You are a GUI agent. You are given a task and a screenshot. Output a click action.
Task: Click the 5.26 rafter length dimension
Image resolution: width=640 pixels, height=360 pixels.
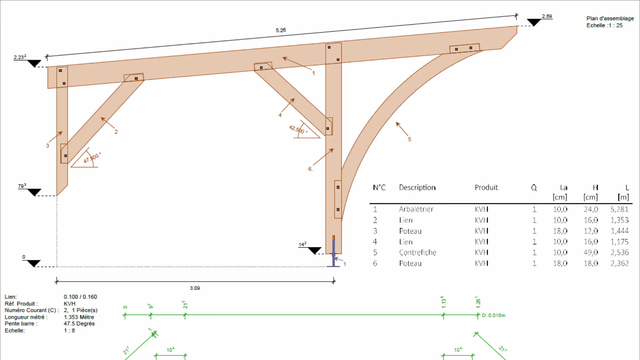click(281, 30)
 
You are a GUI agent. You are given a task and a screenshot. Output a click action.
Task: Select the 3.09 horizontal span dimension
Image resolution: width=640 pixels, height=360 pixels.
click(195, 288)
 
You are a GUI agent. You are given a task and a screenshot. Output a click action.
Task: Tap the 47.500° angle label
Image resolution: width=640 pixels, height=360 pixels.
click(92, 158)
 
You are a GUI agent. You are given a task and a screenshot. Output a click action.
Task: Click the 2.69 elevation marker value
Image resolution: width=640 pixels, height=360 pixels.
click(547, 16)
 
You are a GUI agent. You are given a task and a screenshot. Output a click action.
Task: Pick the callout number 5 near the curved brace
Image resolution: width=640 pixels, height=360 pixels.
click(410, 139)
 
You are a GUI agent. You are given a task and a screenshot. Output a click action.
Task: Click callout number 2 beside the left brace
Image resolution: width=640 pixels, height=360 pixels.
click(116, 132)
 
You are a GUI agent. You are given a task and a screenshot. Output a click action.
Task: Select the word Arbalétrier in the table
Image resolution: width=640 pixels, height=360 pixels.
click(416, 209)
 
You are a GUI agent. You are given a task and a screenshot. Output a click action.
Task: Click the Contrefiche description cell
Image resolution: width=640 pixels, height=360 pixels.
click(417, 252)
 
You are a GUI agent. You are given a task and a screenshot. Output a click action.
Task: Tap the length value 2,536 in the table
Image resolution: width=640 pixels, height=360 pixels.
click(619, 252)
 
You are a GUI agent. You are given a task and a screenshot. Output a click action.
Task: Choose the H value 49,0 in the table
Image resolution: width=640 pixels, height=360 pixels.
click(591, 252)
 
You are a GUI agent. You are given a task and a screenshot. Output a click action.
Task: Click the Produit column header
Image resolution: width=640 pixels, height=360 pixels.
click(486, 187)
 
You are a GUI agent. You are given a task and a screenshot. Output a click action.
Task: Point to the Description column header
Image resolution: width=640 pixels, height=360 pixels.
click(417, 187)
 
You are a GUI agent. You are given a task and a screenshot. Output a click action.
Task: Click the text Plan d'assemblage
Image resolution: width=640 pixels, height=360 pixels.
click(610, 18)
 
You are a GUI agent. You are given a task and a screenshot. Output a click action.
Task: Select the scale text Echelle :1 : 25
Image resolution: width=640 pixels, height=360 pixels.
click(604, 25)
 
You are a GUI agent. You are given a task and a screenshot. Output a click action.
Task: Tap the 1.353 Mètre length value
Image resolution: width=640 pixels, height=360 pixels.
click(79, 317)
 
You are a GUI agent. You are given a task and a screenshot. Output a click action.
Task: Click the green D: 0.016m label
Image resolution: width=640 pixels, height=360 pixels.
click(493, 315)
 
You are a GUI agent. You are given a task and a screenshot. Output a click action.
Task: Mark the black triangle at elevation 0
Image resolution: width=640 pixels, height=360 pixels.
click(34, 263)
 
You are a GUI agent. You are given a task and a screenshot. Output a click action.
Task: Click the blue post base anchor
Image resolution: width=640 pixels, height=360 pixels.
click(333, 253)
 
